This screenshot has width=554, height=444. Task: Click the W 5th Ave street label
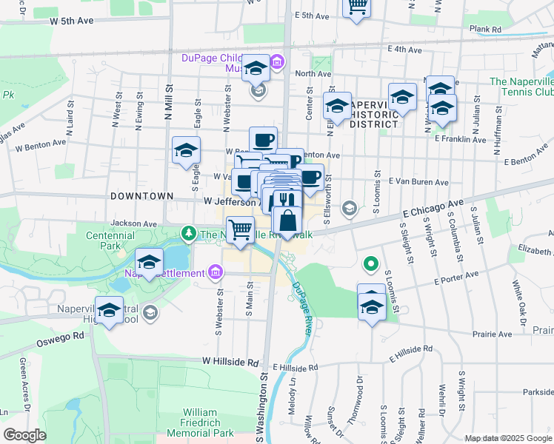(72, 21)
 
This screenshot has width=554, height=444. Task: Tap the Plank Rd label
(485, 30)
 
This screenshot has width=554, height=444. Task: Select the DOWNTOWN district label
(141, 196)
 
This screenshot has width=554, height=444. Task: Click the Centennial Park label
(110, 240)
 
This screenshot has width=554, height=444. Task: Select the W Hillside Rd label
(229, 363)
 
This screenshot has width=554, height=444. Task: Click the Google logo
(24, 435)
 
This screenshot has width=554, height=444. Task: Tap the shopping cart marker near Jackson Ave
(240, 230)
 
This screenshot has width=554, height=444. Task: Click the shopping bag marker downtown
(287, 220)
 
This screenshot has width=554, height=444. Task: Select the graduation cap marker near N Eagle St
(185, 150)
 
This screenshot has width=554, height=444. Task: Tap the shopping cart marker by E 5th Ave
(357, 7)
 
